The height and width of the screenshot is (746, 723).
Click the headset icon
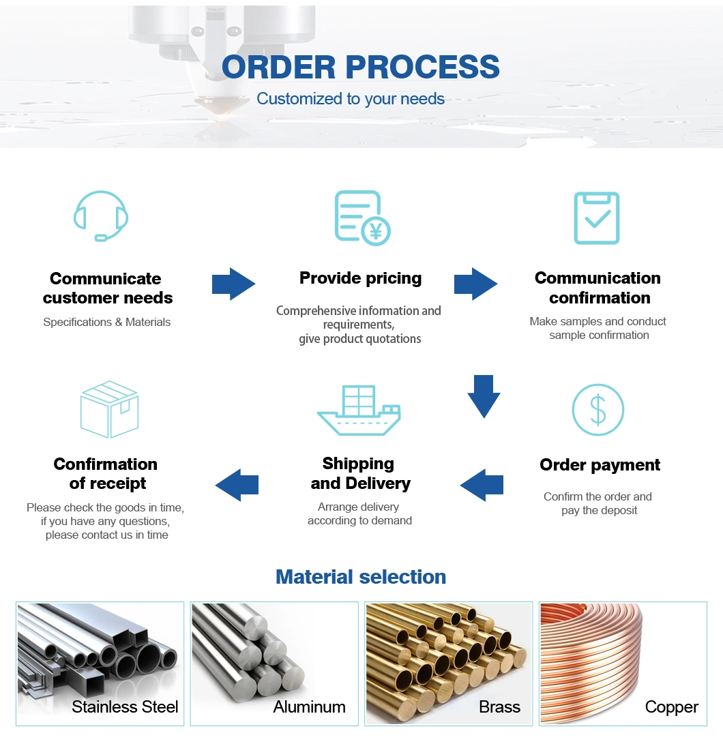101,215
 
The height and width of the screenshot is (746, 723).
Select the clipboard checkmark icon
597,218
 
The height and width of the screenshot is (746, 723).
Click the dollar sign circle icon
597,410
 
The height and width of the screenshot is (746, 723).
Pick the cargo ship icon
359,411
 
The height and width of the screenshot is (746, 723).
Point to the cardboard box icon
109,409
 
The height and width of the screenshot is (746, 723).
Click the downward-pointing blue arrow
484,396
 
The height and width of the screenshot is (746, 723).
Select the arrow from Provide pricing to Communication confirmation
476,284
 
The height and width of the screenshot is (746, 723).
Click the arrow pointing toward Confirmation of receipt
237,486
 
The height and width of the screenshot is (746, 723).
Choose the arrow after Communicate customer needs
233,284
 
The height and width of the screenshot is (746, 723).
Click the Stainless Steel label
125,707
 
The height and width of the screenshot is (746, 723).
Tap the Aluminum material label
309,707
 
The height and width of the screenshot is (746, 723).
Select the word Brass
499,707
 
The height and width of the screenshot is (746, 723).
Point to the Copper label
671,707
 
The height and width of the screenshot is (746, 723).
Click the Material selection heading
361,577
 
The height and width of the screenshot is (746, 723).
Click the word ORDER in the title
279,67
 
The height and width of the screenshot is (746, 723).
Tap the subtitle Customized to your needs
351,99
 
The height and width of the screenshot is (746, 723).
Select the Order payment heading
600,465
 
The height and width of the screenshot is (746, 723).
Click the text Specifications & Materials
107,322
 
